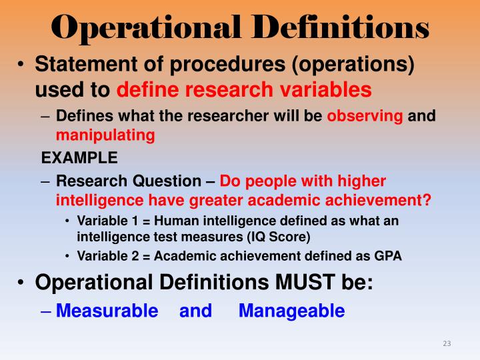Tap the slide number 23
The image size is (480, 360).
447,343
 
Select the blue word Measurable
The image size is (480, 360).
107,311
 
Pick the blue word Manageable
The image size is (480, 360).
291,311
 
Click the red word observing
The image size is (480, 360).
365,116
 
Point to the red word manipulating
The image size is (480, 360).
105,135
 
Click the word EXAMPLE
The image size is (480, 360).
79,158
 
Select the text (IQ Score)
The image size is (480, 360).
277,236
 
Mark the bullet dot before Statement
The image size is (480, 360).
21,65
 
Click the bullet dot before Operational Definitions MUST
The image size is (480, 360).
21,282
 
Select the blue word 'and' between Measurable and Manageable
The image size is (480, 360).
195,311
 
